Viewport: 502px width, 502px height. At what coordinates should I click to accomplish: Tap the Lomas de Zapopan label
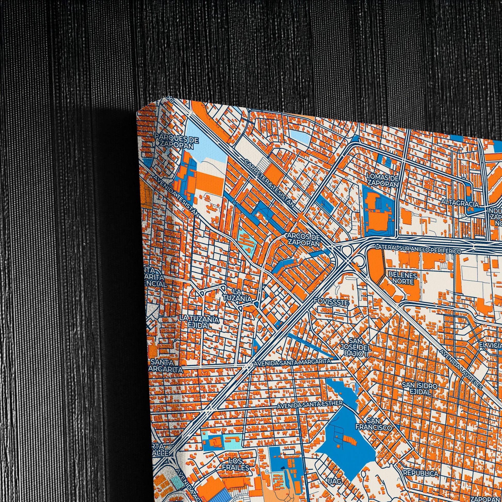[x=383, y=181]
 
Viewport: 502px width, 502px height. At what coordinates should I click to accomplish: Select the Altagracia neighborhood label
[x=460, y=204]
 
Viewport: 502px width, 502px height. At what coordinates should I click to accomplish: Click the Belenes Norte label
[x=402, y=278]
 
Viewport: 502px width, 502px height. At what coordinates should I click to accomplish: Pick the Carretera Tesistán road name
[x=270, y=186]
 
